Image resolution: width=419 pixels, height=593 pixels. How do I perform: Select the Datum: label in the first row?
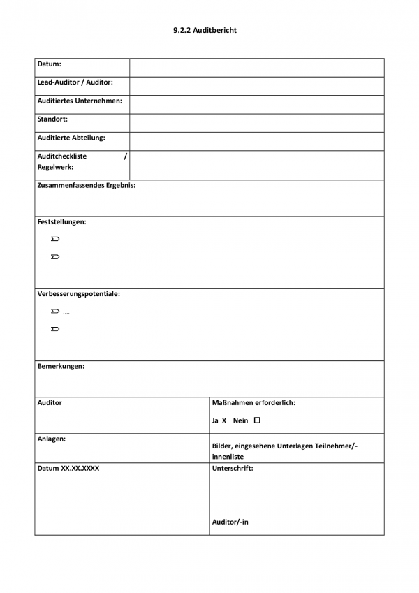[x=50, y=64]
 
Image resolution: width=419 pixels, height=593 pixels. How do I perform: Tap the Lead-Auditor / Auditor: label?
[x=75, y=82]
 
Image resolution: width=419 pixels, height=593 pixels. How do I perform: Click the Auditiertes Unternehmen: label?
[x=80, y=101]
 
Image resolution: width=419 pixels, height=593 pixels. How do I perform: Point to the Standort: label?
[x=52, y=119]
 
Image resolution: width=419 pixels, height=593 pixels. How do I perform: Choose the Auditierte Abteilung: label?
[x=71, y=138]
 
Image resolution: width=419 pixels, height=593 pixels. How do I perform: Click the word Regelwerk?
[x=55, y=168]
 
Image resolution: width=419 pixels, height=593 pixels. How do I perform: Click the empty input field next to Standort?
[x=256, y=123]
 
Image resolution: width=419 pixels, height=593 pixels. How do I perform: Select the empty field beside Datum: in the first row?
[x=256, y=68]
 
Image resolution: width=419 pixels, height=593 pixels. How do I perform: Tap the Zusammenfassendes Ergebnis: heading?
[x=87, y=186]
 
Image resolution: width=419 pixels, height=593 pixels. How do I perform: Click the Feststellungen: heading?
[x=62, y=222]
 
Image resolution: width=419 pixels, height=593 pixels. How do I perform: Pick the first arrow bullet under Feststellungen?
[x=55, y=240]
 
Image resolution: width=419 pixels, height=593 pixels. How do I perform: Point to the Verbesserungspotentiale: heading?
[x=79, y=294]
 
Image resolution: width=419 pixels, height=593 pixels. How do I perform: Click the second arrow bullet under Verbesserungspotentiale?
[x=55, y=329]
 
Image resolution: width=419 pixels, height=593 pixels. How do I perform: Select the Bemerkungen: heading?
[x=61, y=366]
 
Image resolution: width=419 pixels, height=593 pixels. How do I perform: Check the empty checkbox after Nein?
[x=257, y=420]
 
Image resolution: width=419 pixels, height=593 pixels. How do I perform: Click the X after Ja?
[x=224, y=421]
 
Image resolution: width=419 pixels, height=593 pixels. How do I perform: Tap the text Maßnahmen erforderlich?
[x=253, y=403]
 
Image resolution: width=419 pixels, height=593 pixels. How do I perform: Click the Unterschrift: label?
[x=233, y=469]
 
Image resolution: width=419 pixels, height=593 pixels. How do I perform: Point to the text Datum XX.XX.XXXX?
[x=68, y=469]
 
